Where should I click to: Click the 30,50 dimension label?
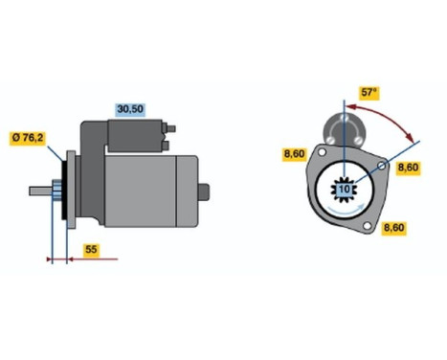point(130,109)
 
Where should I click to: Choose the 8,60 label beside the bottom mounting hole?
point(393,228)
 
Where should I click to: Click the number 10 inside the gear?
point(343,190)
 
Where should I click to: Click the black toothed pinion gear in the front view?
point(343,190)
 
